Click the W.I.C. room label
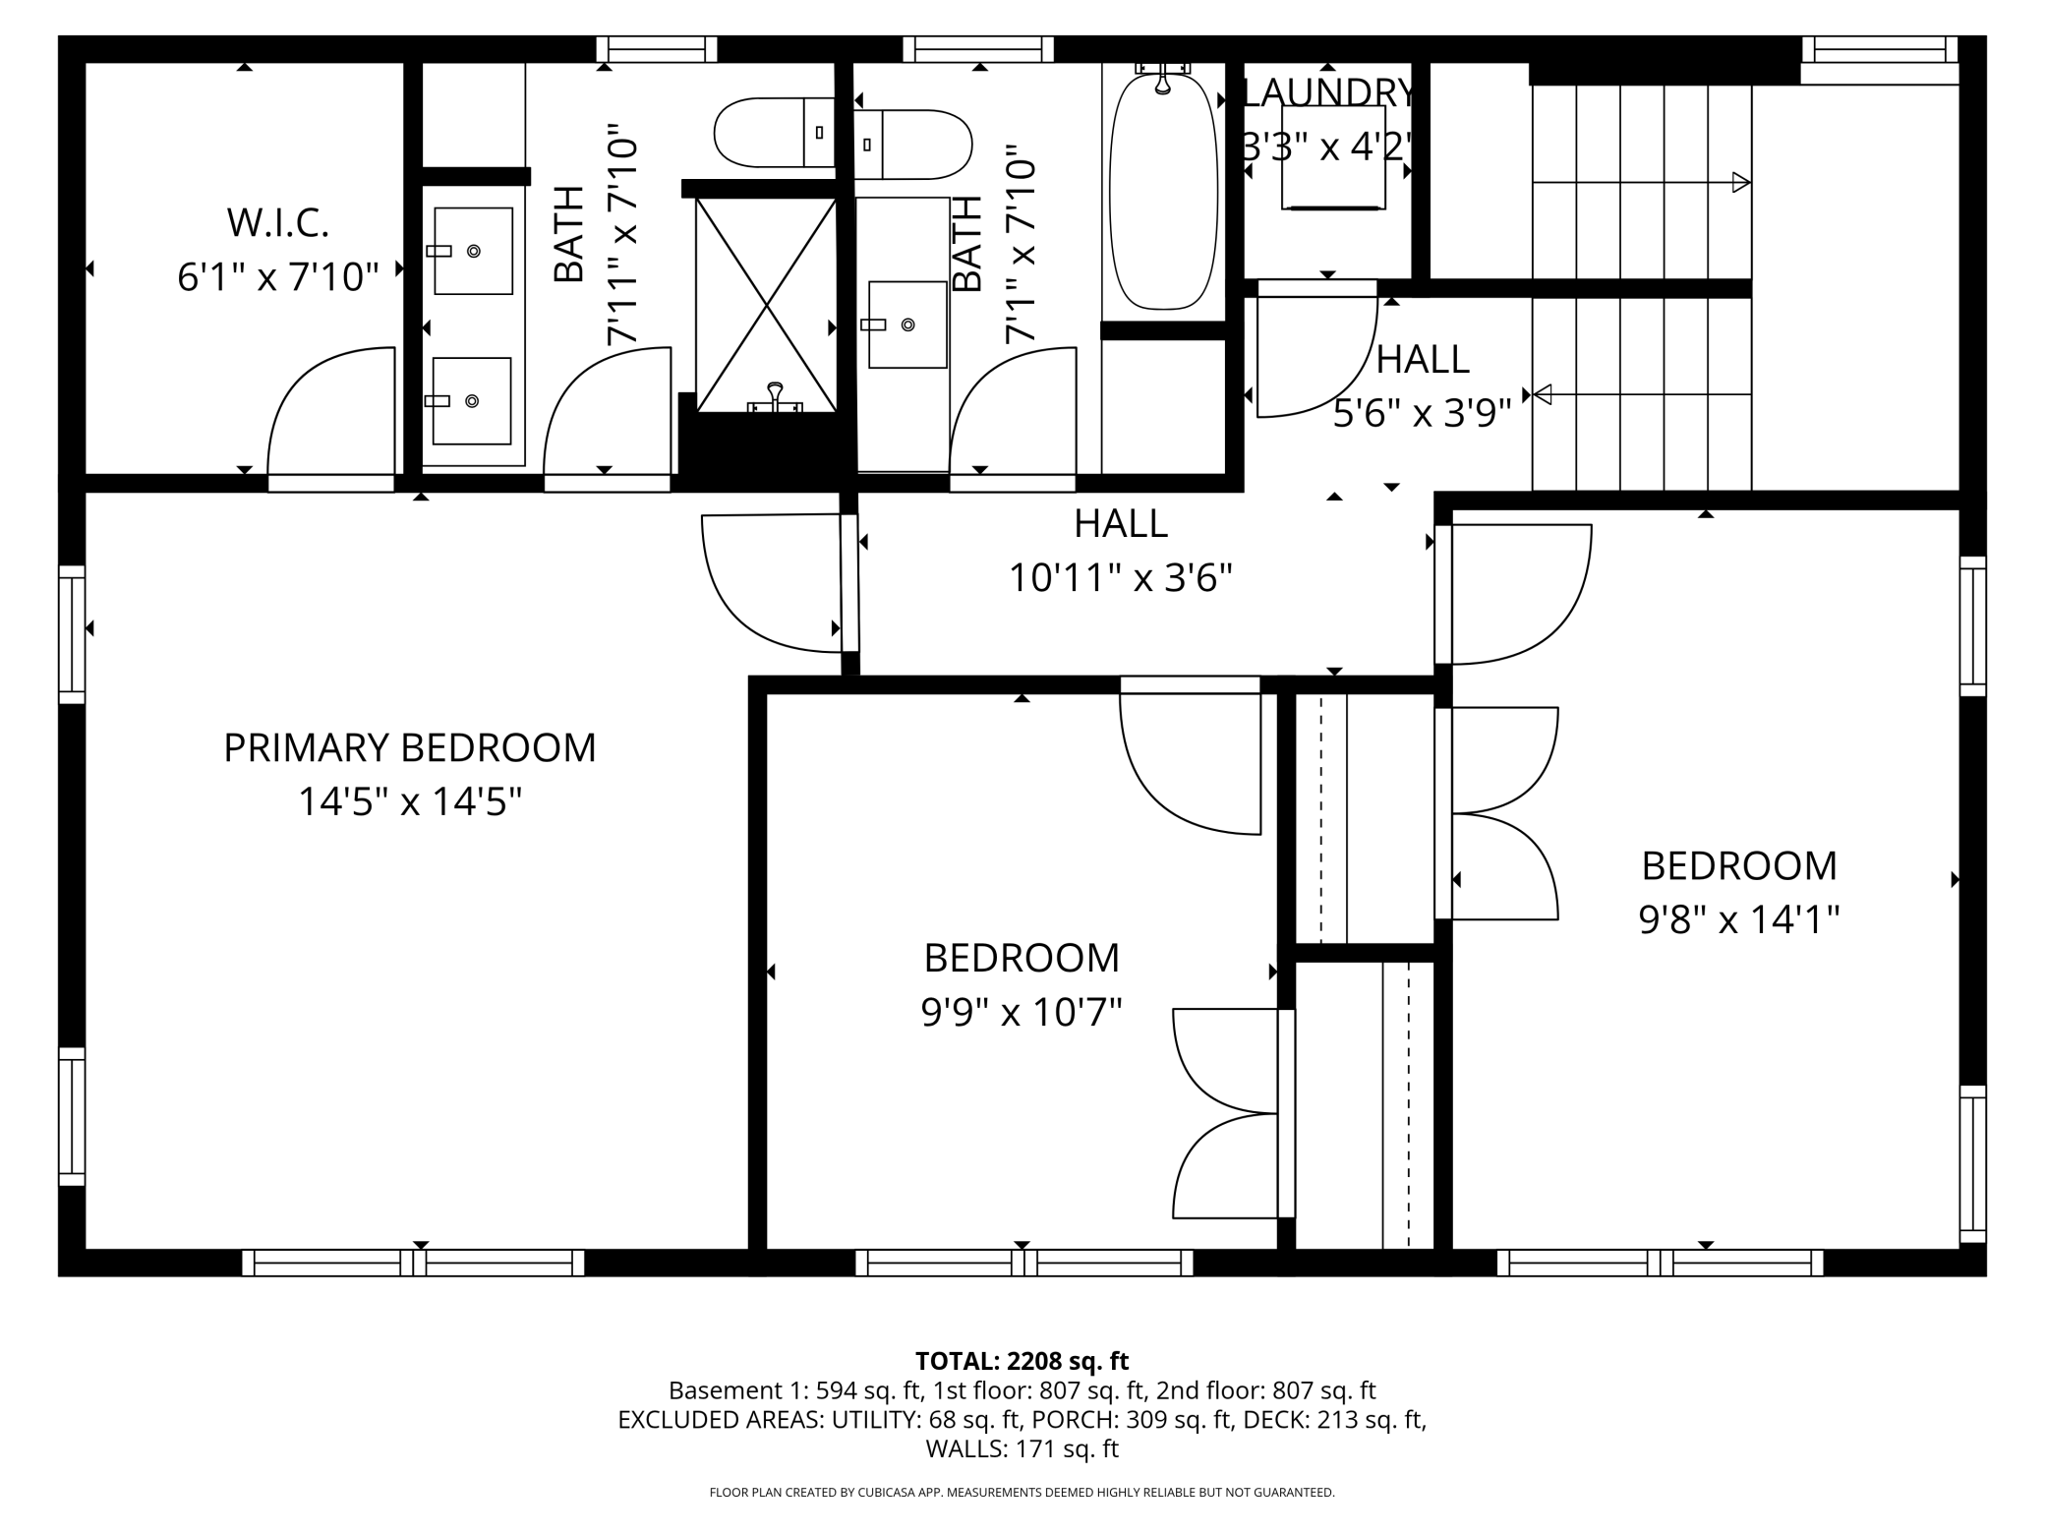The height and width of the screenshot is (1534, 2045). click(278, 223)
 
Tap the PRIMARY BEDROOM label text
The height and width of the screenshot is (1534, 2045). click(410, 748)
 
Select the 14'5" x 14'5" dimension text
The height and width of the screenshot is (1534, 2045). click(410, 802)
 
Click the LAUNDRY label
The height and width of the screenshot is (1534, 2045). click(1329, 92)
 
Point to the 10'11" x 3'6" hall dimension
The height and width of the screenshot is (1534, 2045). click(1121, 578)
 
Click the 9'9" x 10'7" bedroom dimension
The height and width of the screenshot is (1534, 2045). click(1022, 1012)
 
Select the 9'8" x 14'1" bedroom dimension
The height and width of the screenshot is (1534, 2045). click(1739, 920)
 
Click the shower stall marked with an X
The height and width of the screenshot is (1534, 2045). click(766, 304)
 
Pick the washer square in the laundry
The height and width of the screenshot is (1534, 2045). click(1333, 171)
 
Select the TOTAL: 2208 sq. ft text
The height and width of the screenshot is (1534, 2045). click(1022, 1361)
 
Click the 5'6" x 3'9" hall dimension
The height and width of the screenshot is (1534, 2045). click(1422, 414)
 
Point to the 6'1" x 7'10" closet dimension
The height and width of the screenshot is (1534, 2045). click(278, 278)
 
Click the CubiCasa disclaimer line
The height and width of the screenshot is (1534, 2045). click(1022, 1493)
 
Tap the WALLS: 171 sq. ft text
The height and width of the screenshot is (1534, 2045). click(1022, 1448)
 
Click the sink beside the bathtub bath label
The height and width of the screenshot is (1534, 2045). click(907, 324)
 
